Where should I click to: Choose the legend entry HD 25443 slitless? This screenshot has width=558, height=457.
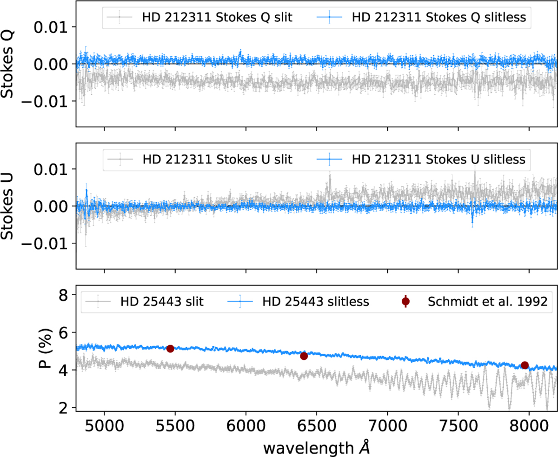pos(315,302)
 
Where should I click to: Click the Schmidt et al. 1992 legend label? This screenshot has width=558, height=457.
pos(481,302)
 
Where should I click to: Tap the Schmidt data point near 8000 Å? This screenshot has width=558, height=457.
pos(525,365)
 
